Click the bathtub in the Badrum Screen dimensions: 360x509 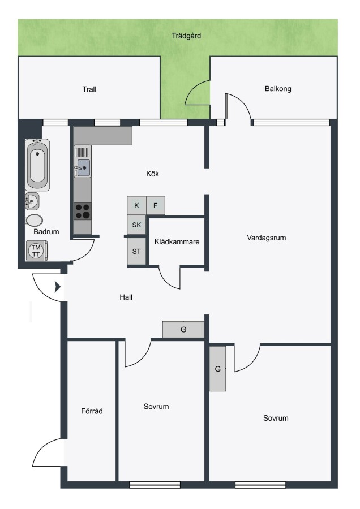click(x=37, y=165)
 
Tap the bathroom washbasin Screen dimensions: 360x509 click(x=32, y=201)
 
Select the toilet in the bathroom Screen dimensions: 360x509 click(x=34, y=221)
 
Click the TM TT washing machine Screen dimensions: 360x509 click(x=36, y=251)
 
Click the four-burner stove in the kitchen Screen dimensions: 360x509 click(x=83, y=212)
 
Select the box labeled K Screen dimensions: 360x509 click(x=136, y=205)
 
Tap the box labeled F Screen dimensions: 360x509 click(x=155, y=205)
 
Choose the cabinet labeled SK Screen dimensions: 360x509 click(x=136, y=225)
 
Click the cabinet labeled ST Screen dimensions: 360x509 click(x=136, y=251)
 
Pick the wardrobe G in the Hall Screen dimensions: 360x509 click(x=183, y=330)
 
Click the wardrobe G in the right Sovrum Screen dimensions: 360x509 click(x=218, y=369)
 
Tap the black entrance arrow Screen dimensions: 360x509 click(x=58, y=287)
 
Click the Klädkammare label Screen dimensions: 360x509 click(x=177, y=242)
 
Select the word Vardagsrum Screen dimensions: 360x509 click(x=267, y=238)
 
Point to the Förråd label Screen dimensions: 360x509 click(x=92, y=411)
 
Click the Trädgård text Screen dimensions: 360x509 click(x=186, y=36)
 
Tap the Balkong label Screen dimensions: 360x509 click(x=278, y=89)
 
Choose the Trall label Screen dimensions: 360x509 click(x=89, y=89)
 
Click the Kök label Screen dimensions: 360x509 click(x=152, y=174)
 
